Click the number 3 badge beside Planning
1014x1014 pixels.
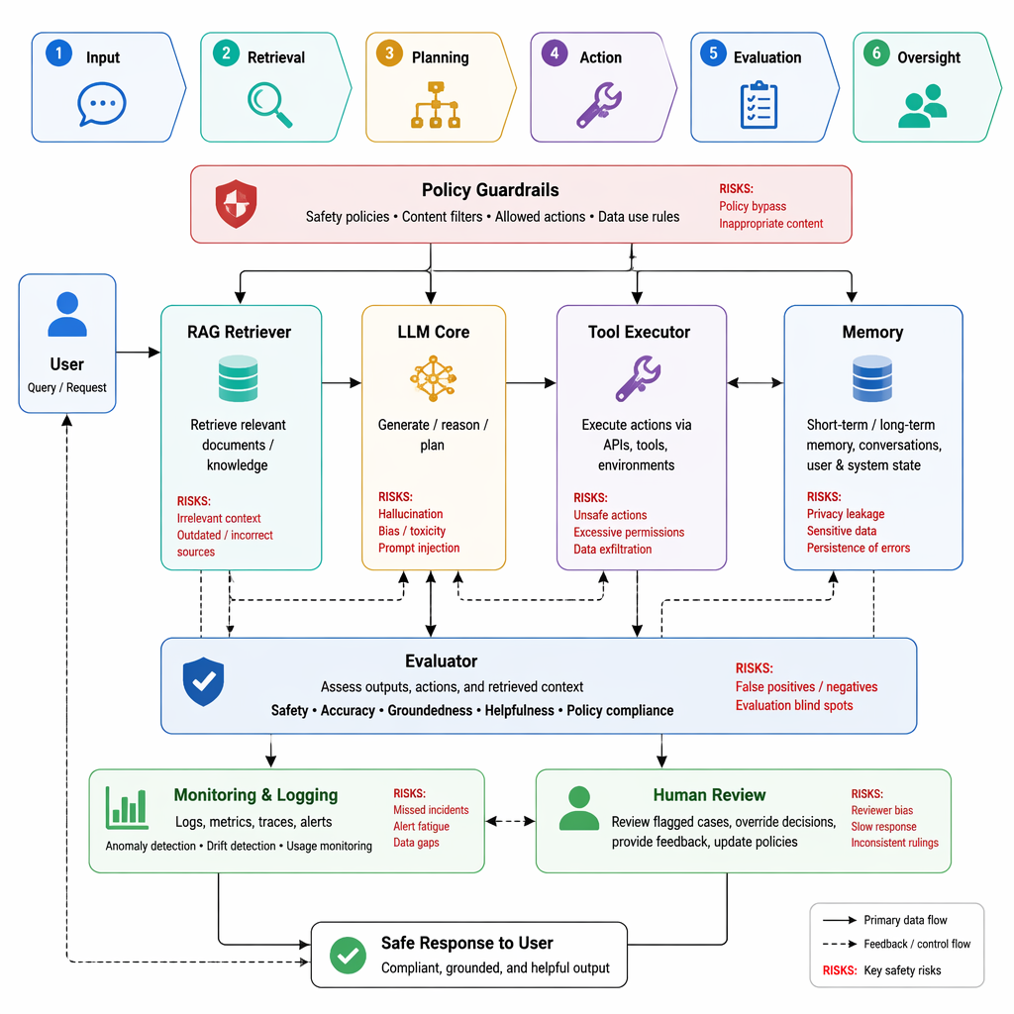point(389,53)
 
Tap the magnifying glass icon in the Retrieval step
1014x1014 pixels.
point(269,105)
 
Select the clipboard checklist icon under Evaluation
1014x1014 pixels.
point(759,105)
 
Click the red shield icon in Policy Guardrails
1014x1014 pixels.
point(236,204)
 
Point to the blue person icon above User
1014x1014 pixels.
point(67,314)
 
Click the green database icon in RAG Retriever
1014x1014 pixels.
point(238,378)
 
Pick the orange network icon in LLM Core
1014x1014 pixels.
point(434,378)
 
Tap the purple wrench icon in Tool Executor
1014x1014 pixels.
point(638,378)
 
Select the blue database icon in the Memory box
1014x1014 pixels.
point(872,378)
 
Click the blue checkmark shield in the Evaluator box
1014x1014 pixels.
point(203,681)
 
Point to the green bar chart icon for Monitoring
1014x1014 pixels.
point(127,808)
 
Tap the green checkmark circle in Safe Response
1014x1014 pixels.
point(348,956)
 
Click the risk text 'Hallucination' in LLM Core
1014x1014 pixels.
point(411,514)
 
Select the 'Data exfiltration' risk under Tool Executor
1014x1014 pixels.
point(612,549)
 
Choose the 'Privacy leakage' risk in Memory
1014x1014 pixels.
point(846,514)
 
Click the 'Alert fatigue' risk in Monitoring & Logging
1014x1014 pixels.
point(421,826)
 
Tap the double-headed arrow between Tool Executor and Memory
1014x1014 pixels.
point(756,383)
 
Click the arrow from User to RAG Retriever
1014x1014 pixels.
point(138,353)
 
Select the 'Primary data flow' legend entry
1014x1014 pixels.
point(884,920)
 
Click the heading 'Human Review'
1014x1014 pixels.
point(709,795)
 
